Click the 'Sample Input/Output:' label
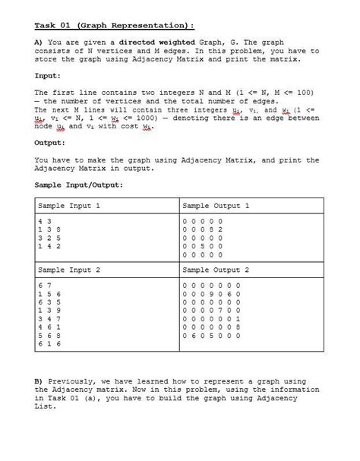click(79, 185)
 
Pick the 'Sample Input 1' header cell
click(69, 205)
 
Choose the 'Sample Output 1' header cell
click(216, 205)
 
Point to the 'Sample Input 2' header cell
click(69, 270)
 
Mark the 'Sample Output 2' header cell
click(216, 270)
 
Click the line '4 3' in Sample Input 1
click(43, 221)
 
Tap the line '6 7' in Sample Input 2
click(43, 285)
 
